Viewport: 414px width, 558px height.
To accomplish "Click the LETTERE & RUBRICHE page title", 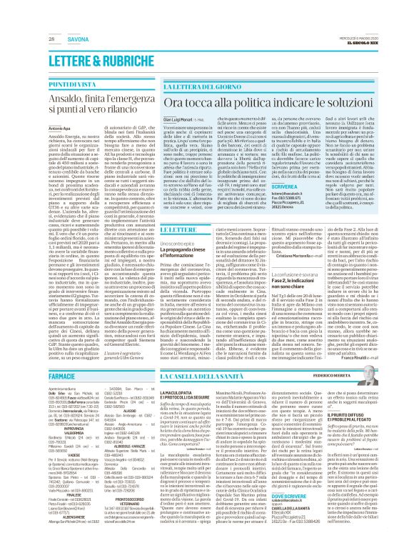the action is pos(92,62).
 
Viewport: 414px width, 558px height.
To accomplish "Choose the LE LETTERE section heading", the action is pos(135,229).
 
